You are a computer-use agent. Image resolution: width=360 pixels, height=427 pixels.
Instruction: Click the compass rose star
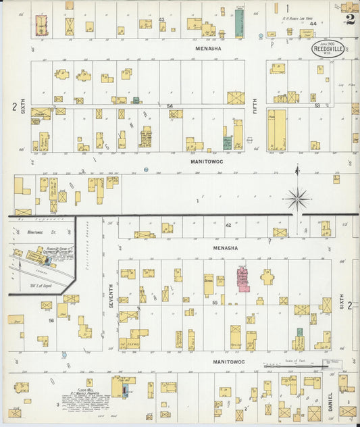(x=297, y=199)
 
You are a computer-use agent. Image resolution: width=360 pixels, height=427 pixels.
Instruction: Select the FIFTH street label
(x=255, y=106)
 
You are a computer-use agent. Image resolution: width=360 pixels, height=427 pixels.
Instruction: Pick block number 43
(x=161, y=20)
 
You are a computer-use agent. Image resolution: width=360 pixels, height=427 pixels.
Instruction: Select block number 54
(x=170, y=106)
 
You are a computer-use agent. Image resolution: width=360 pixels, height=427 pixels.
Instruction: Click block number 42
(x=228, y=225)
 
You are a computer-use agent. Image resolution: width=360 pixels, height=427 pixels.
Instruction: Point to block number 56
(x=51, y=321)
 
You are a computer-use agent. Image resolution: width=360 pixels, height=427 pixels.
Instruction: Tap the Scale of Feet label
(x=295, y=361)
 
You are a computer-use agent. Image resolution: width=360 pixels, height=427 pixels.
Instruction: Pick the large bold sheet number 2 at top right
(x=350, y=19)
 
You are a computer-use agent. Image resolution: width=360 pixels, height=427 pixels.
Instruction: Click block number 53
(x=316, y=105)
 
